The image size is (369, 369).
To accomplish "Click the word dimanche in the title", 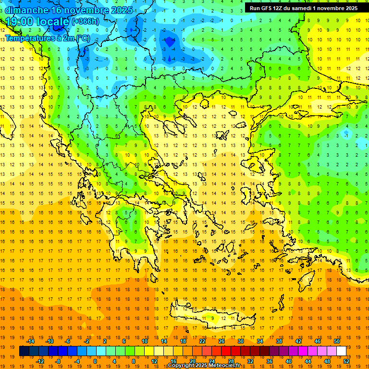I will click(26, 10).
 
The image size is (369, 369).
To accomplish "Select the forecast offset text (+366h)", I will click(86, 22).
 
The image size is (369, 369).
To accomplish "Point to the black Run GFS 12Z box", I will click(303, 8).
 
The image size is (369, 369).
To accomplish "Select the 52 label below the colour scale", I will click(346, 361).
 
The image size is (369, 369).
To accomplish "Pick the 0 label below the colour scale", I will click(95, 361).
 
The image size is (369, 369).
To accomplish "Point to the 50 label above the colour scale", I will click(337, 341).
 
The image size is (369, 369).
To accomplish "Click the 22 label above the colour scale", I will click(202, 341).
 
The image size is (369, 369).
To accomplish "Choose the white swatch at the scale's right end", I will click(342, 351).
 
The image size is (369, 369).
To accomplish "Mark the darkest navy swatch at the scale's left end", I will click(24, 351).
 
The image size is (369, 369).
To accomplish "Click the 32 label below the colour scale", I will click(250, 361).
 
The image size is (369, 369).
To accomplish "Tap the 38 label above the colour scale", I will click(279, 341).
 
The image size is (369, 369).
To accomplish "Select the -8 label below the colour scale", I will click(57, 361).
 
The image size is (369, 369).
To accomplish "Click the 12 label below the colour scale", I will click(154, 361).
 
